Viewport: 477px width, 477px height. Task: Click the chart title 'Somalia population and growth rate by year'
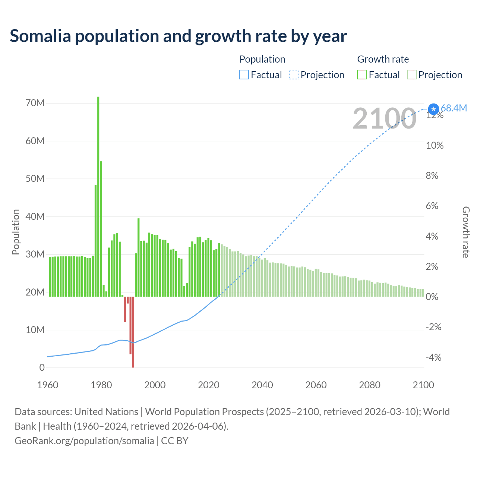(x=178, y=36)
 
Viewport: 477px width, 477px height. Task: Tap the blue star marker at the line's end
(x=433, y=109)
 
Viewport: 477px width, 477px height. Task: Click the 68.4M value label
(x=454, y=108)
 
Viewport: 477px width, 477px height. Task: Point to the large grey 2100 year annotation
(x=384, y=119)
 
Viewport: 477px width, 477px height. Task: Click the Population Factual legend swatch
(x=244, y=75)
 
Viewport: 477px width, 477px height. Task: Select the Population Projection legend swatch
(x=294, y=75)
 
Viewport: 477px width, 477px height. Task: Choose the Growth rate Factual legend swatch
(x=362, y=75)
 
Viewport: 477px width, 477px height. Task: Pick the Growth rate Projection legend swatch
(x=411, y=75)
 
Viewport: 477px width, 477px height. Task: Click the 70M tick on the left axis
(x=35, y=103)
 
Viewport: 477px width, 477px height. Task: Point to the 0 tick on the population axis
(x=42, y=367)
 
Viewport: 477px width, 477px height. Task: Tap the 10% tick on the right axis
(x=435, y=145)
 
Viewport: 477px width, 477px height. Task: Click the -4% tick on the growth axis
(x=433, y=358)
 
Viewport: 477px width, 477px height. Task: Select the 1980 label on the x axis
(x=101, y=385)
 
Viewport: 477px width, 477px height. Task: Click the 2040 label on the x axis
(x=262, y=385)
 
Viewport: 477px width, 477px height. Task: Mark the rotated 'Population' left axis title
(x=16, y=232)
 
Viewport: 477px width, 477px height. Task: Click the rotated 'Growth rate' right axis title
(x=466, y=232)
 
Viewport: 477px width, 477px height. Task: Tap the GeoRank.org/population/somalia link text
(x=84, y=441)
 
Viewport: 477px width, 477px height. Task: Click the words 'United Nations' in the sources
(x=106, y=412)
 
